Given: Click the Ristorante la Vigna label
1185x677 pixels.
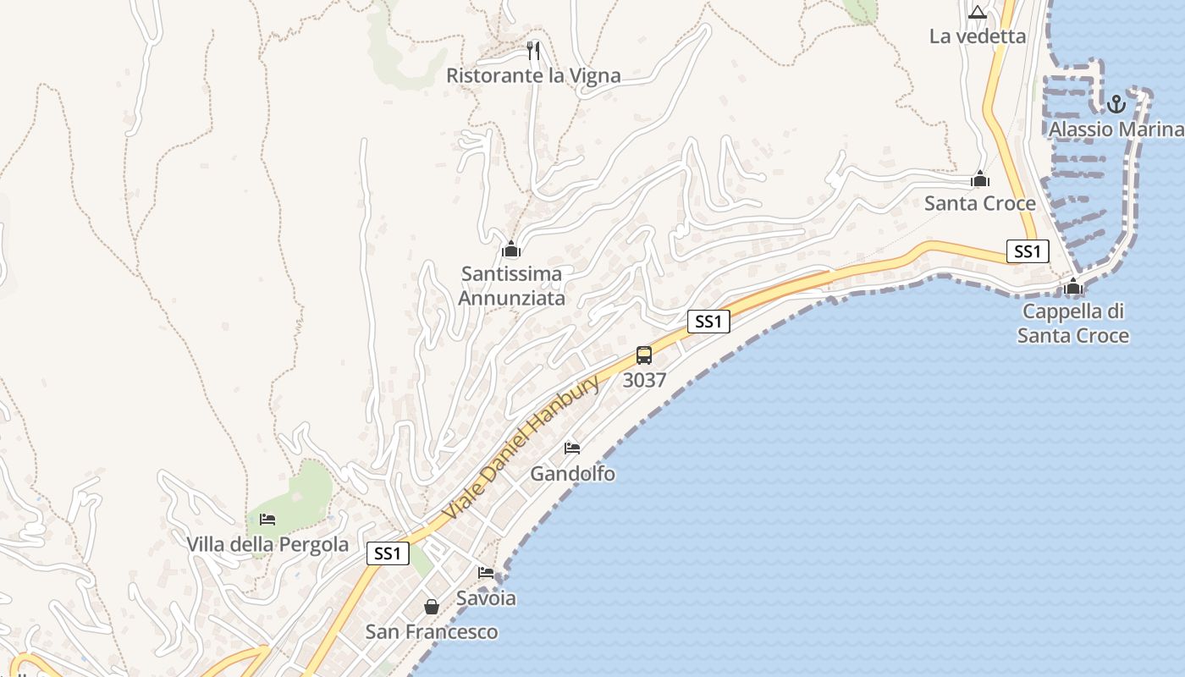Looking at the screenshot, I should point(533,76).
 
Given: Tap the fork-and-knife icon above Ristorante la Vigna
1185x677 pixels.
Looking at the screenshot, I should point(533,51).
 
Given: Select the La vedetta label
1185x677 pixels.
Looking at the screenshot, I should point(978,36).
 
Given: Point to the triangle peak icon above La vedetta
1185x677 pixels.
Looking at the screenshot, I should point(978,12).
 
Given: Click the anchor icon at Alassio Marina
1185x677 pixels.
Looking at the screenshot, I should point(1116,104).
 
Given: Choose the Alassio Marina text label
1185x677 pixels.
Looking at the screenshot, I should point(1116,129).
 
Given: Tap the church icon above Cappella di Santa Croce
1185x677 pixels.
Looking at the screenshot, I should point(1073,286).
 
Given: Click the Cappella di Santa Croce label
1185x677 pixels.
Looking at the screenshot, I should point(1073,323).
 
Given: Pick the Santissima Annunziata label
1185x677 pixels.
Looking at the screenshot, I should point(511,286).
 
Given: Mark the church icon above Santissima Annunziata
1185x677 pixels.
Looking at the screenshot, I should point(511,249).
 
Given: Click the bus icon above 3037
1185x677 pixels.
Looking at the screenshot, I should point(644,355).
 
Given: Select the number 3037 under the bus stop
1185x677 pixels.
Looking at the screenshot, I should point(644,381).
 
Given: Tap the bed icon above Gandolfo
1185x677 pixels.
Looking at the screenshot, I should point(572,449).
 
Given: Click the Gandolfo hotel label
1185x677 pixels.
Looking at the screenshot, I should point(572,474).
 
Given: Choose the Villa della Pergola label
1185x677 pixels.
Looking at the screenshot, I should point(267,544).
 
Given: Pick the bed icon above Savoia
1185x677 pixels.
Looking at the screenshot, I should point(486,573).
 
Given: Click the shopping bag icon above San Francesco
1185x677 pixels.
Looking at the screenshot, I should point(432,607).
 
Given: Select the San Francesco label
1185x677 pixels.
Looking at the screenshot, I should point(432,632).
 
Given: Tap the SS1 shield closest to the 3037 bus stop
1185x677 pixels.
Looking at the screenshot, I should point(708,322).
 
